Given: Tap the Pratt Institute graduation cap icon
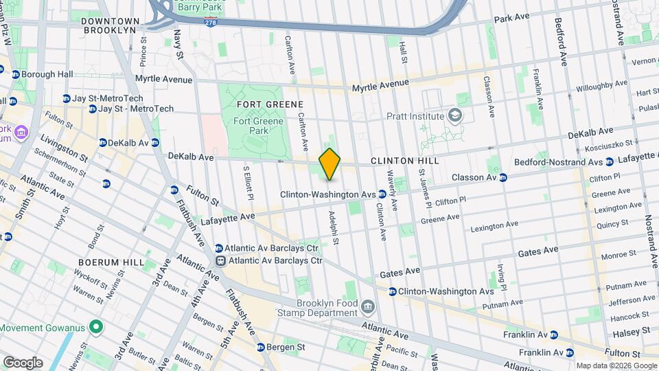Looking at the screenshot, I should [454, 116].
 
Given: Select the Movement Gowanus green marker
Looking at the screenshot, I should [97, 327].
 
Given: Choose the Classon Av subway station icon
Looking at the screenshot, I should [503, 177].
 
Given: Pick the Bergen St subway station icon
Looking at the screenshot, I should [261, 348].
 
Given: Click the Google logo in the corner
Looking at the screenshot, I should [23, 362].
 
